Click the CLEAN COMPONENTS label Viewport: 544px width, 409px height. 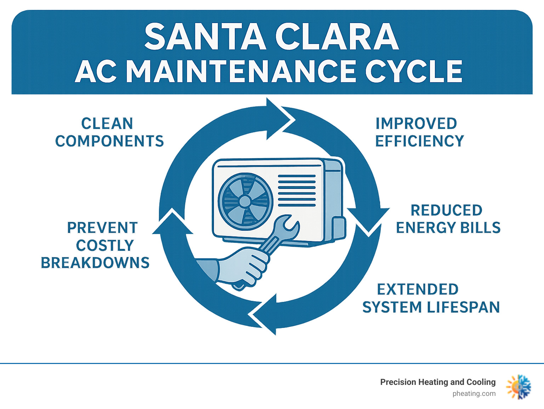[x=109, y=132]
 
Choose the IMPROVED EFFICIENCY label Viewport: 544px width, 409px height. [x=419, y=132]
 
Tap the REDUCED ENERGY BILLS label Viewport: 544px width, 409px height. [x=448, y=219]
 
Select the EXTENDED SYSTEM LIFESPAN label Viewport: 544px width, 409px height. [x=431, y=298]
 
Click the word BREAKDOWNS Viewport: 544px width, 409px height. [x=95, y=263]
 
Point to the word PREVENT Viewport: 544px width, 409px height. [x=102, y=228]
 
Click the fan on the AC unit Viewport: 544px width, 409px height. [x=245, y=201]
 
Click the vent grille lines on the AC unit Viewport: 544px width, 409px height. [x=297, y=190]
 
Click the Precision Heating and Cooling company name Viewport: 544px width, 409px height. [x=438, y=382]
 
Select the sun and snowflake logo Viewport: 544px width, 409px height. [x=518, y=387]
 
